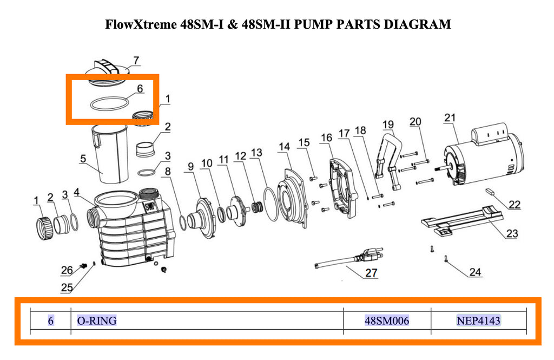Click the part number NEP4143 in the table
pyautogui.click(x=479, y=320)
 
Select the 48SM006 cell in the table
pyautogui.click(x=387, y=320)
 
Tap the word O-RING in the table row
pyautogui.click(x=97, y=320)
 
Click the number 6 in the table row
pyautogui.click(x=50, y=320)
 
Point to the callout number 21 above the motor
pyautogui.click(x=450, y=118)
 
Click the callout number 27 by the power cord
pyautogui.click(x=371, y=272)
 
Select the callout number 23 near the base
pyautogui.click(x=512, y=234)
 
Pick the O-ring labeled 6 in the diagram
pyautogui.click(x=109, y=103)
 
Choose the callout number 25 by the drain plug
pyautogui.click(x=67, y=288)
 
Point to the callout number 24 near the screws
pyautogui.click(x=474, y=272)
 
